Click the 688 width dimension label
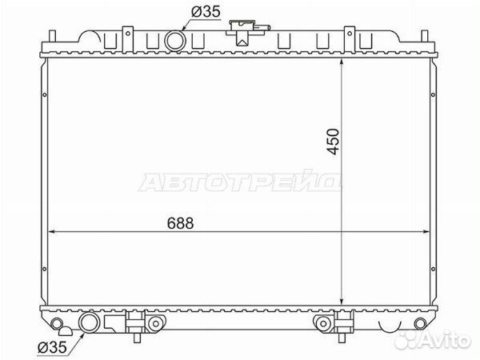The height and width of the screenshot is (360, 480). point(180,223)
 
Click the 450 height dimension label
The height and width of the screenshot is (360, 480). point(333,142)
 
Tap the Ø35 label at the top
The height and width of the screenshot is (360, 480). point(206,12)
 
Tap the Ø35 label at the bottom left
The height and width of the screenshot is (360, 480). point(52,347)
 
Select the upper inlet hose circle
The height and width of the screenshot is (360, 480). point(175,41)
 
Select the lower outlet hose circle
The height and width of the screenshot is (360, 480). point(90,322)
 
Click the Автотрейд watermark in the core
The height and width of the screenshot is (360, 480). point(240,181)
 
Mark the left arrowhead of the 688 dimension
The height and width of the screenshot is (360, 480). point(52,232)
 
